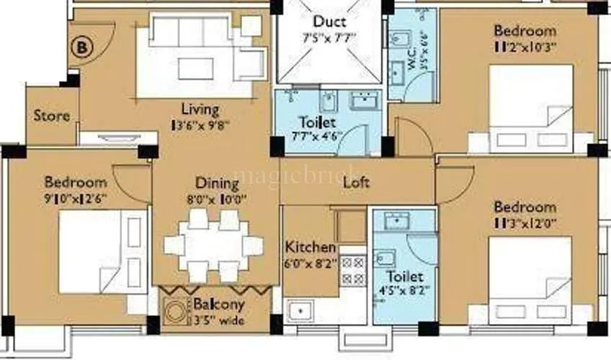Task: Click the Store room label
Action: tap(52, 115)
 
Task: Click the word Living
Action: tap(200, 110)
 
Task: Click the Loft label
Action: tap(355, 182)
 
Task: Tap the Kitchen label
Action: tap(311, 246)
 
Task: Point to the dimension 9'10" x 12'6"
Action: tap(75, 195)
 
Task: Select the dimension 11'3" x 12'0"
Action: tap(525, 222)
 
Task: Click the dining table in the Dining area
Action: tap(213, 246)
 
